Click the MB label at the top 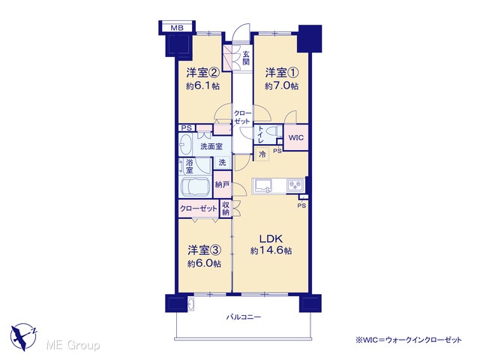pyautogui.click(x=177, y=28)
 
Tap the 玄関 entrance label pyautogui.click(x=246, y=58)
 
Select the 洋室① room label pyautogui.click(x=282, y=73)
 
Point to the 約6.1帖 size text pyautogui.click(x=203, y=86)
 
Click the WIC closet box pyautogui.click(x=295, y=137)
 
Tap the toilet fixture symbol pyautogui.click(x=274, y=131)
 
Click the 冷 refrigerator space pyautogui.click(x=262, y=154)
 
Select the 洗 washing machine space pyautogui.click(x=222, y=162)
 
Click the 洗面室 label pyautogui.click(x=211, y=146)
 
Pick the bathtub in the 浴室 pyautogui.click(x=195, y=187)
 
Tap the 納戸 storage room pyautogui.click(x=223, y=184)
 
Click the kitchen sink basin pyautogui.click(x=263, y=185)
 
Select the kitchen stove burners pyautogui.click(x=295, y=185)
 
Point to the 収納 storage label pyautogui.click(x=226, y=208)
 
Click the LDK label pyautogui.click(x=271, y=238)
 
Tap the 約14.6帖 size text pyautogui.click(x=271, y=250)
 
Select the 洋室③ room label pyautogui.click(x=204, y=250)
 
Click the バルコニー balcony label pyautogui.click(x=244, y=316)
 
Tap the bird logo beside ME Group pyautogui.click(x=23, y=337)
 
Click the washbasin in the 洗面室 pyautogui.click(x=185, y=145)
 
